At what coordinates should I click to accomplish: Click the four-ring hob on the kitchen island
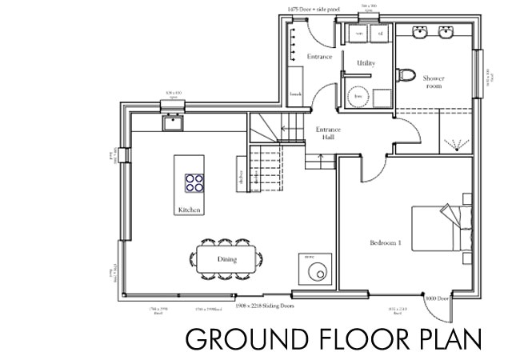click(x=194, y=183)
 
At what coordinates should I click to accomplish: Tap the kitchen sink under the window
click(x=171, y=122)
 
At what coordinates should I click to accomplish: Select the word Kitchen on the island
click(x=190, y=210)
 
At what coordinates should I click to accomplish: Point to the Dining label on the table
click(x=226, y=260)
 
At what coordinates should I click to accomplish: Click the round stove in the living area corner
click(x=314, y=270)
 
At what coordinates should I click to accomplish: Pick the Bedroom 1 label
click(x=385, y=242)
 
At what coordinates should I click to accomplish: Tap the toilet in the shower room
click(x=406, y=77)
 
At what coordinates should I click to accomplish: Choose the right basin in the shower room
click(x=447, y=34)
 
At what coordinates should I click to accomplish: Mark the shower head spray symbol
click(x=456, y=143)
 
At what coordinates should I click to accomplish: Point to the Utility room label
click(x=366, y=62)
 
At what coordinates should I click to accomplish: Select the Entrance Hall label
click(x=328, y=134)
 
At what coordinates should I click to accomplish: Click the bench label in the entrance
click(x=295, y=94)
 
